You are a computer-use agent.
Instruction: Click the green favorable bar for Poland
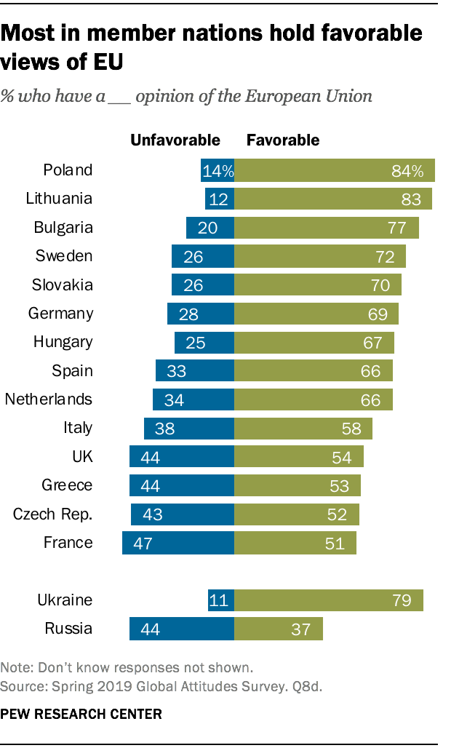pos(334,170)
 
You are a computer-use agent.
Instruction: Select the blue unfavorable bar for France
pos(178,543)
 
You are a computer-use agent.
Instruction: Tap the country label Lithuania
pos(57,199)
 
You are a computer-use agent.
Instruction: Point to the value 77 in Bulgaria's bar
pos(396,228)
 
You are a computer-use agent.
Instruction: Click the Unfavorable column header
pos(175,140)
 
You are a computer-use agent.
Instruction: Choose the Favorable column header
pos(283,140)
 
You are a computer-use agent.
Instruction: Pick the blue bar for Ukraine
pos(220,600)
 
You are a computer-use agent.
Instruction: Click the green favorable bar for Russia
pos(278,629)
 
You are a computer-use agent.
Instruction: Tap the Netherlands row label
pos(49,399)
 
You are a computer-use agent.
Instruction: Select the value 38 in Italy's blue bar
pos(164,429)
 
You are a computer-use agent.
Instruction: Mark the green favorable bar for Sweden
pos(319,256)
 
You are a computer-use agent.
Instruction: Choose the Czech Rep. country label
pos(53,514)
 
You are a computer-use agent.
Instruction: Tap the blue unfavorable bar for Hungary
pos(204,343)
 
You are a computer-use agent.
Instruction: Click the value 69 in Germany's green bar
pos(376,314)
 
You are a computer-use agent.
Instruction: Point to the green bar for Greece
pos(297,485)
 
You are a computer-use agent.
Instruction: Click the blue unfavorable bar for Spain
pos(194,371)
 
